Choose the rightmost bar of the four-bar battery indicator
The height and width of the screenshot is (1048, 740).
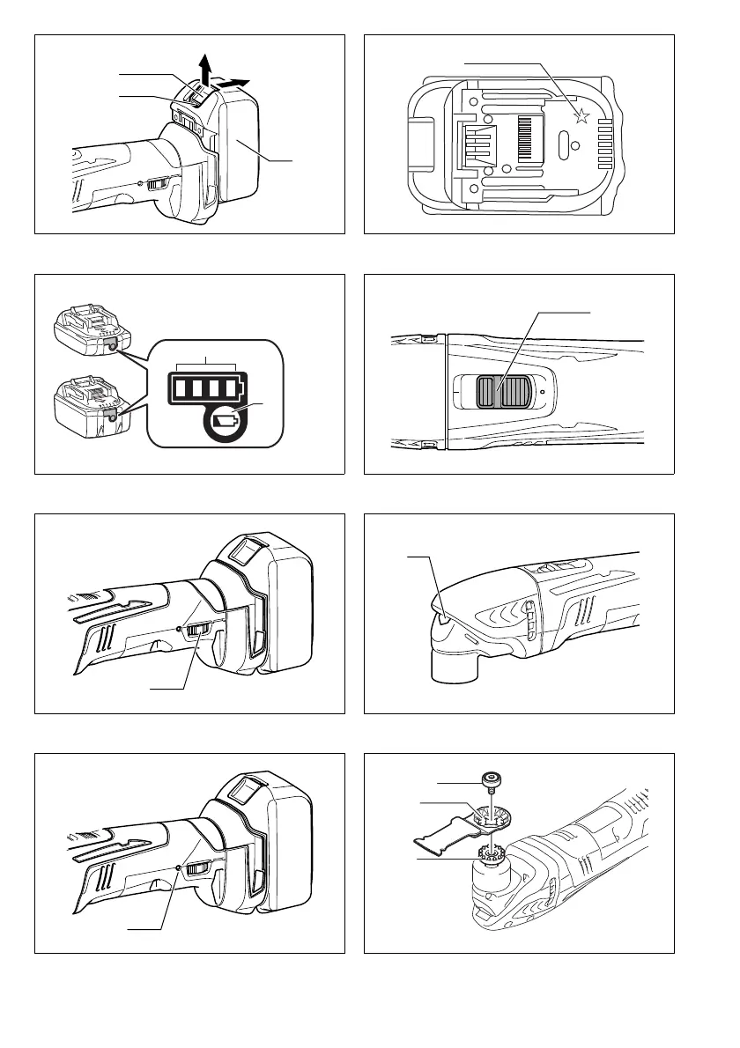pos(232,387)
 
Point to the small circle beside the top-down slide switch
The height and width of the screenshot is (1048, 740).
pos(544,392)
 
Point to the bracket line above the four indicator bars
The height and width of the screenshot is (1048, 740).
pos(206,363)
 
